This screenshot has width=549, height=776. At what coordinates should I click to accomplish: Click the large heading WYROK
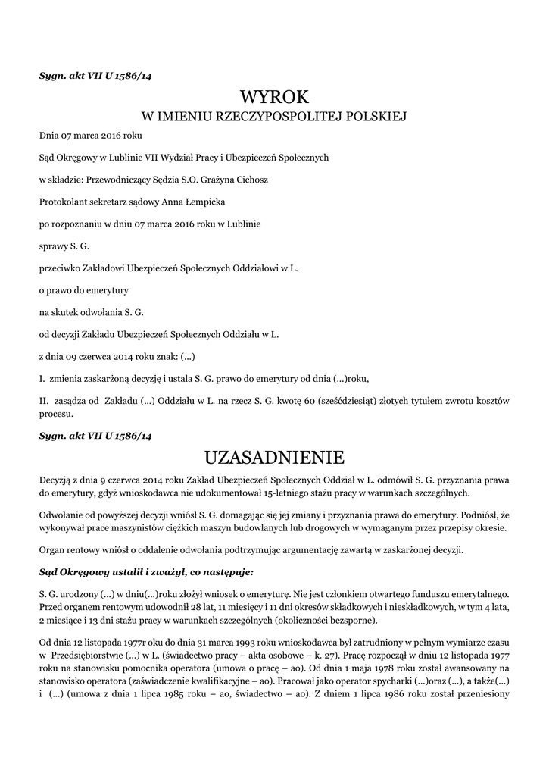pos(275,96)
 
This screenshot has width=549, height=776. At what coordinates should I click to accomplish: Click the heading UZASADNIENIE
pos(275,457)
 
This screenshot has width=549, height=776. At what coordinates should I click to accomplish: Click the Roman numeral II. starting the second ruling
pos(44,400)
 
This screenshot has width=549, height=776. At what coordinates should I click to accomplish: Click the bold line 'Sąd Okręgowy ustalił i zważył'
pos(146,570)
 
